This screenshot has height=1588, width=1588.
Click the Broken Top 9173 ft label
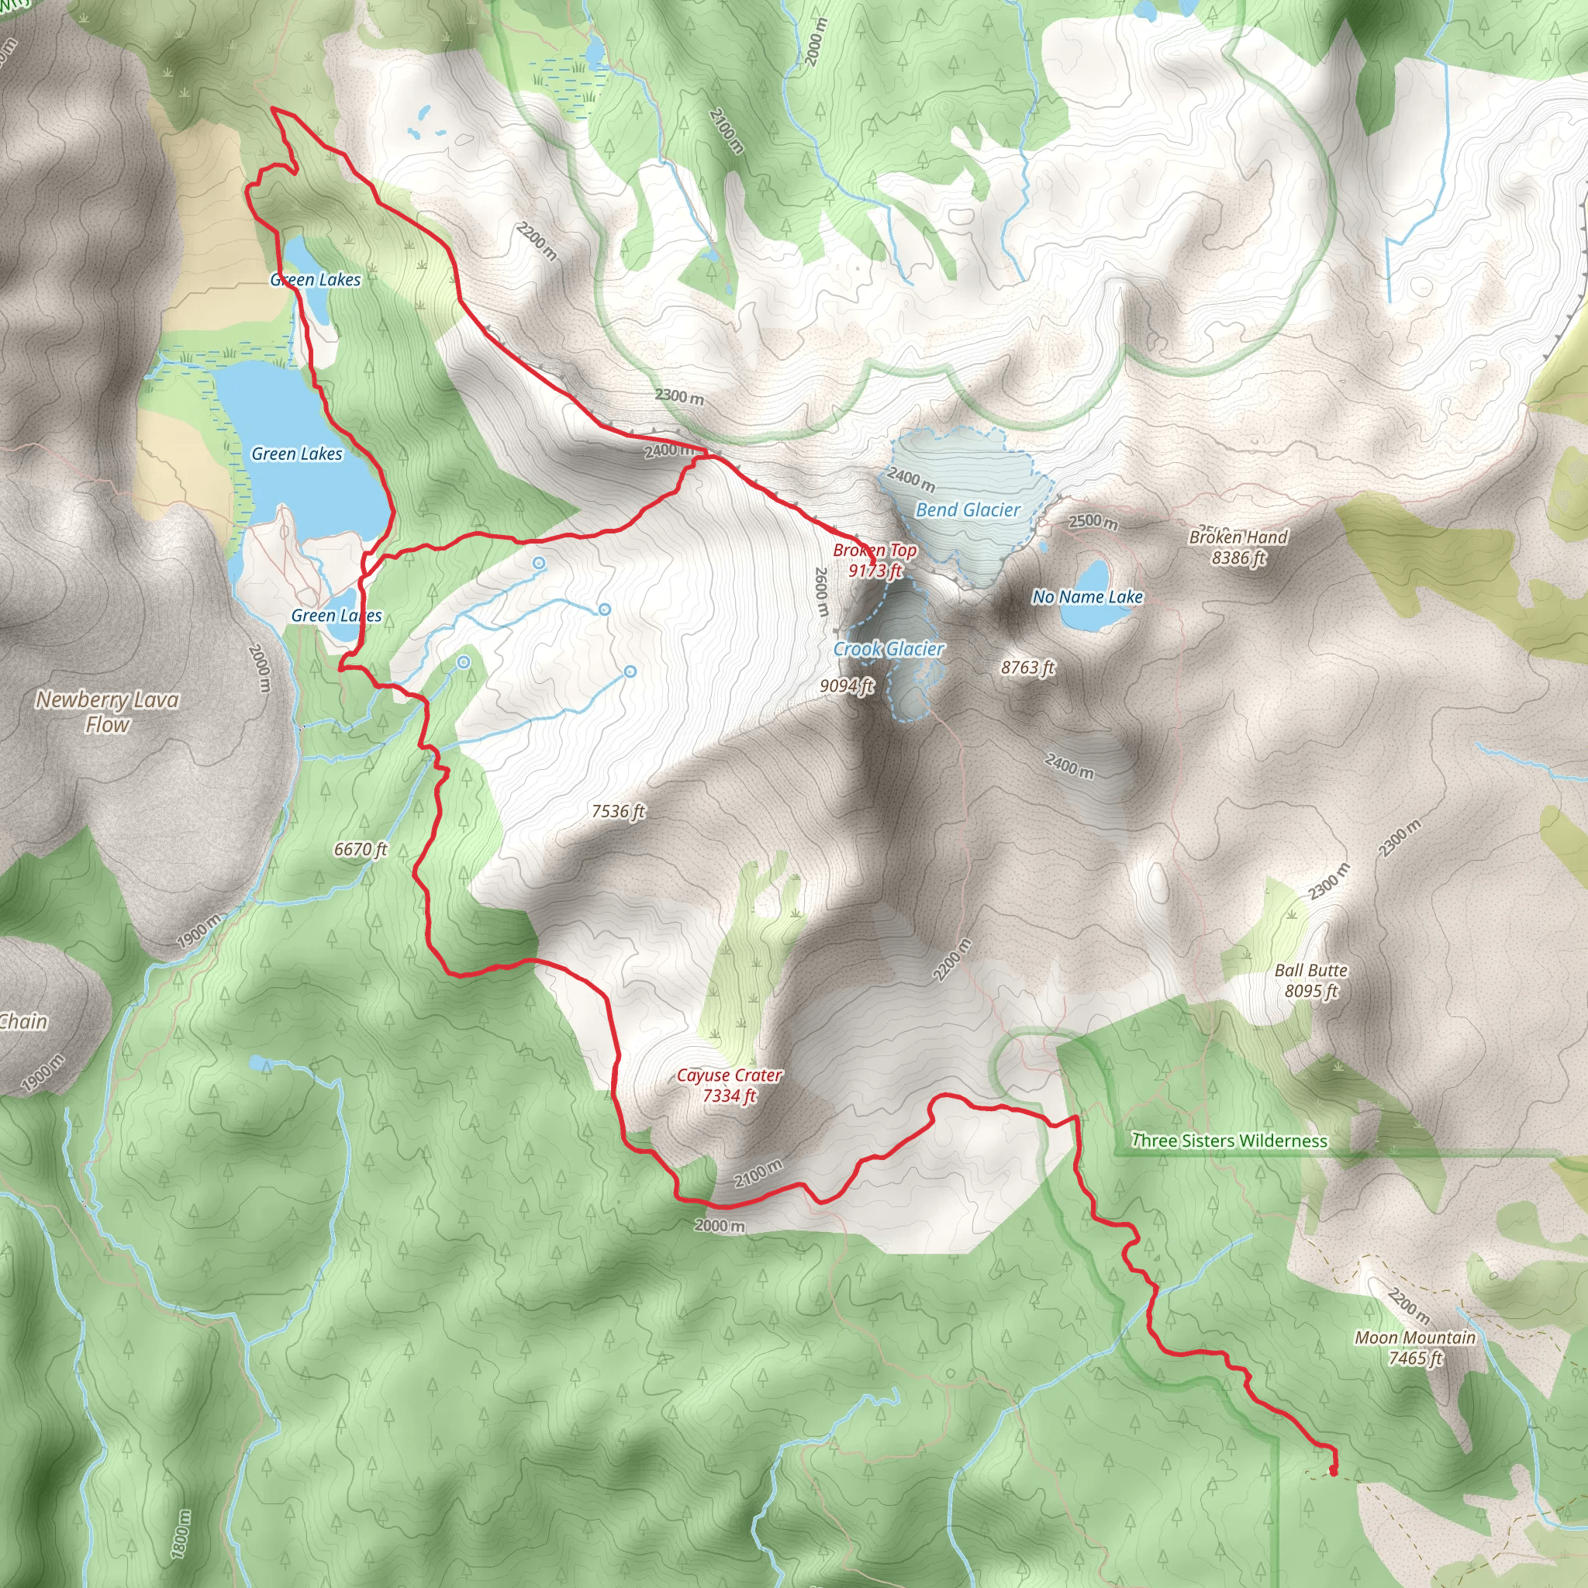tap(875, 561)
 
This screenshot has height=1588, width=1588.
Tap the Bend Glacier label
tap(968, 510)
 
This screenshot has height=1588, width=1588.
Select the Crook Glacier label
tap(889, 649)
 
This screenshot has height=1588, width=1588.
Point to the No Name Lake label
tap(1086, 598)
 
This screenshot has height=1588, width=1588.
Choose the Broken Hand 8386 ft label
tap(1238, 547)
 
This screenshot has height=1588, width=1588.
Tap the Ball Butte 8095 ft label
tap(1311, 981)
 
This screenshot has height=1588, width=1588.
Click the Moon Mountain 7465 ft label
tap(1414, 1348)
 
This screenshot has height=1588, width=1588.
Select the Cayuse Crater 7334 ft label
tap(729, 1085)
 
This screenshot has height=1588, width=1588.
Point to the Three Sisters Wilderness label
tap(1229, 1141)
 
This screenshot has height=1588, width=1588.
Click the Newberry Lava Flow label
tap(107, 712)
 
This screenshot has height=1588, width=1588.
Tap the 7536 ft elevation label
tap(618, 812)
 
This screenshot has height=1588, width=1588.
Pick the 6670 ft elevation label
tap(360, 849)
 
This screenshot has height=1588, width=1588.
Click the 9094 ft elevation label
tap(847, 685)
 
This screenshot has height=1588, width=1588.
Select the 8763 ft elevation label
tap(1027, 668)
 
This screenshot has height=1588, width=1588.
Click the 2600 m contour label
tap(820, 592)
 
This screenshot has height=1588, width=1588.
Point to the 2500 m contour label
tap(1093, 522)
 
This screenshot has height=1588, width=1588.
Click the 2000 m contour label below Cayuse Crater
tap(720, 1227)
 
